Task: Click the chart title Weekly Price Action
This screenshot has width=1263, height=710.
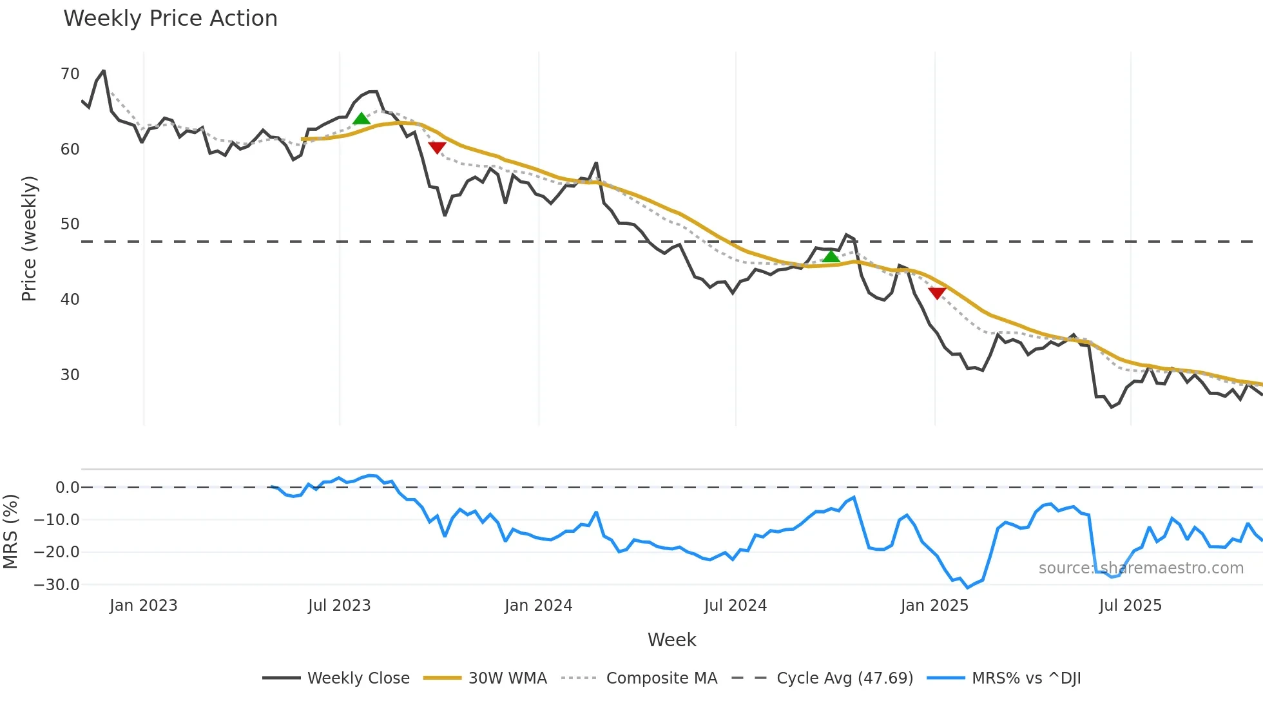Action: [x=170, y=19]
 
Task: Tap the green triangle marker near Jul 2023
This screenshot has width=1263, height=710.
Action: [x=362, y=119]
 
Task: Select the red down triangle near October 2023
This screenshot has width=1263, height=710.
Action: [x=437, y=148]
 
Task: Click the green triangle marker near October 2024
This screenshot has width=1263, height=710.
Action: [x=831, y=256]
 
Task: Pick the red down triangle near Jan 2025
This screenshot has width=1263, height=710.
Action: [x=937, y=293]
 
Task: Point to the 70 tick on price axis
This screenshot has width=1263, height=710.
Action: [x=70, y=74]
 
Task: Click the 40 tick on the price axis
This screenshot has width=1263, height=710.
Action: [x=70, y=300]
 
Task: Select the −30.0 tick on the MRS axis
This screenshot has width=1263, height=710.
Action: [x=56, y=585]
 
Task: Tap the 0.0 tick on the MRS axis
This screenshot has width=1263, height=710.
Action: [x=67, y=488]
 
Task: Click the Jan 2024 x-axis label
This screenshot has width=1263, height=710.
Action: [x=538, y=606]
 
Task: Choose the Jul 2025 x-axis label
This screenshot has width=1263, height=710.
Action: [x=1130, y=606]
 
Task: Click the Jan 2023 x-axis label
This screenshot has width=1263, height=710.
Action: [x=143, y=606]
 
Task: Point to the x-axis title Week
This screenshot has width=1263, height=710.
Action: [x=671, y=640]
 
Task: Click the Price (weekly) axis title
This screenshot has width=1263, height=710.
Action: [x=29, y=238]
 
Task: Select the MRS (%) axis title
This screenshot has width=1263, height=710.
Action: [x=10, y=532]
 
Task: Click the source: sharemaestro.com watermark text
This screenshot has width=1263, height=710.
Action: [x=1141, y=568]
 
